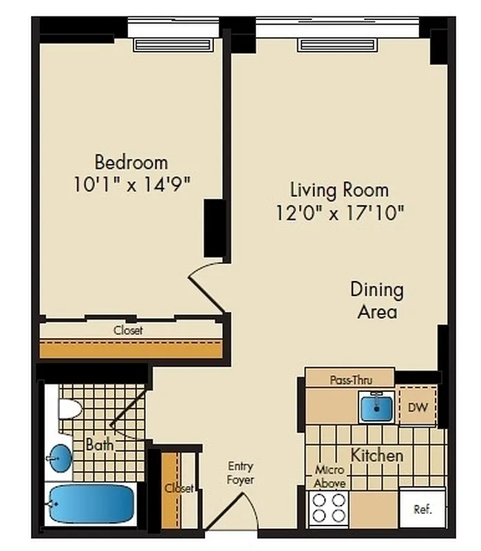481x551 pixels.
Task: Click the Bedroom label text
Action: [131, 163]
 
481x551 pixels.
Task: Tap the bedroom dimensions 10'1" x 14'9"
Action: [131, 185]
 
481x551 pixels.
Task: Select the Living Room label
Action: [339, 189]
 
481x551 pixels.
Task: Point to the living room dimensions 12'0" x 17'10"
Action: [339, 212]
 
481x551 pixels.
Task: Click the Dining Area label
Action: [376, 300]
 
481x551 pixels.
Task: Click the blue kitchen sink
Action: [376, 406]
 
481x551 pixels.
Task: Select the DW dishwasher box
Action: [418, 406]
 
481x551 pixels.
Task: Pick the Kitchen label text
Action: [377, 455]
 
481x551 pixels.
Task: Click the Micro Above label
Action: [330, 477]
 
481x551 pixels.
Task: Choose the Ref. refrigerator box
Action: [422, 510]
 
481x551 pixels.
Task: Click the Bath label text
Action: [100, 445]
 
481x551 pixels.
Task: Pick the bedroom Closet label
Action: [128, 331]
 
